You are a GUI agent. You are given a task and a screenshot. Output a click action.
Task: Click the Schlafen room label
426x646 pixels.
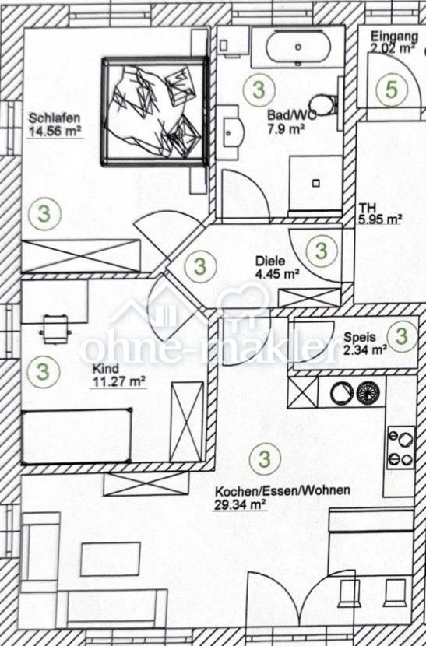tap(54, 118)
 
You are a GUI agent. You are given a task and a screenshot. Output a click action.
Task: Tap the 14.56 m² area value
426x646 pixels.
tap(54, 132)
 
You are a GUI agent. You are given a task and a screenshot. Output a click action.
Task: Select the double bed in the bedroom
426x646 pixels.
tap(155, 111)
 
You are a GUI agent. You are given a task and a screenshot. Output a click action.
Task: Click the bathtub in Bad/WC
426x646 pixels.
tap(298, 47)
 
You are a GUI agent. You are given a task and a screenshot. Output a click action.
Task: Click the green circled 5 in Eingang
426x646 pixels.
tap(392, 90)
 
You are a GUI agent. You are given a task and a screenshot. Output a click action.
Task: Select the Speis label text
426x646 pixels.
tap(360, 338)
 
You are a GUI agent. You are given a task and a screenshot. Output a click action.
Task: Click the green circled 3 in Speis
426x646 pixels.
tap(403, 335)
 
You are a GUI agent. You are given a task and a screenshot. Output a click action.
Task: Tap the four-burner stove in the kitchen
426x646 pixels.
tap(401, 448)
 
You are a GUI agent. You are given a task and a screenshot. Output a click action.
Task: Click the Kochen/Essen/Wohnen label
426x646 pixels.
tap(283, 490)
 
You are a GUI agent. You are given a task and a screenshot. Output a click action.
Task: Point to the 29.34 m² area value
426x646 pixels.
tap(239, 504)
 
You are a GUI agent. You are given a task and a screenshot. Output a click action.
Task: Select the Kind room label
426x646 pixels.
tap(105, 369)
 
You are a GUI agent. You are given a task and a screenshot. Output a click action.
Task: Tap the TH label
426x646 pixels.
tap(367, 208)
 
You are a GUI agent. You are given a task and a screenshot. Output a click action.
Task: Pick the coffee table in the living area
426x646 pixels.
tap(111, 559)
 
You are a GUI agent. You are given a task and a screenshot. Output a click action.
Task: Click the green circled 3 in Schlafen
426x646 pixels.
tap(44, 214)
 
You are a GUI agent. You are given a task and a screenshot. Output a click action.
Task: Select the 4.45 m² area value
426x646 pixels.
tap(276, 273)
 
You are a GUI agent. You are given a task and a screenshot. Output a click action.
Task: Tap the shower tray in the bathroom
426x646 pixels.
tap(316, 183)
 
